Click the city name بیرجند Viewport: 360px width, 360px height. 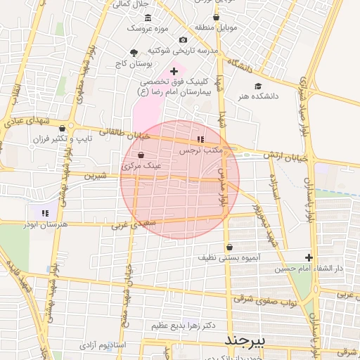click(x=246, y=340)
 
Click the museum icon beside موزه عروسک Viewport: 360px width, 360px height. click(x=147, y=18)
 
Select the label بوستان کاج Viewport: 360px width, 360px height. click(x=134, y=64)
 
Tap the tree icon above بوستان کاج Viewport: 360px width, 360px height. click(x=134, y=53)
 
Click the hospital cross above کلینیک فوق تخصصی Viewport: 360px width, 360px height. click(x=174, y=71)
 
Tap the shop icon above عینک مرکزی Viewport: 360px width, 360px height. click(x=141, y=155)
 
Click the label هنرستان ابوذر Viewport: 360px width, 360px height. click(x=44, y=224)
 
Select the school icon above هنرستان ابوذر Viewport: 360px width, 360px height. click(x=45, y=212)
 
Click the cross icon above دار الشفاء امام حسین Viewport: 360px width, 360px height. click(x=309, y=257)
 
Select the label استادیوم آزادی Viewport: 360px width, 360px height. click(x=102, y=346)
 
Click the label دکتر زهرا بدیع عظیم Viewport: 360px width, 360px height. click(x=182, y=326)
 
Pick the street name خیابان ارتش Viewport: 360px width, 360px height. click(x=287, y=155)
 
